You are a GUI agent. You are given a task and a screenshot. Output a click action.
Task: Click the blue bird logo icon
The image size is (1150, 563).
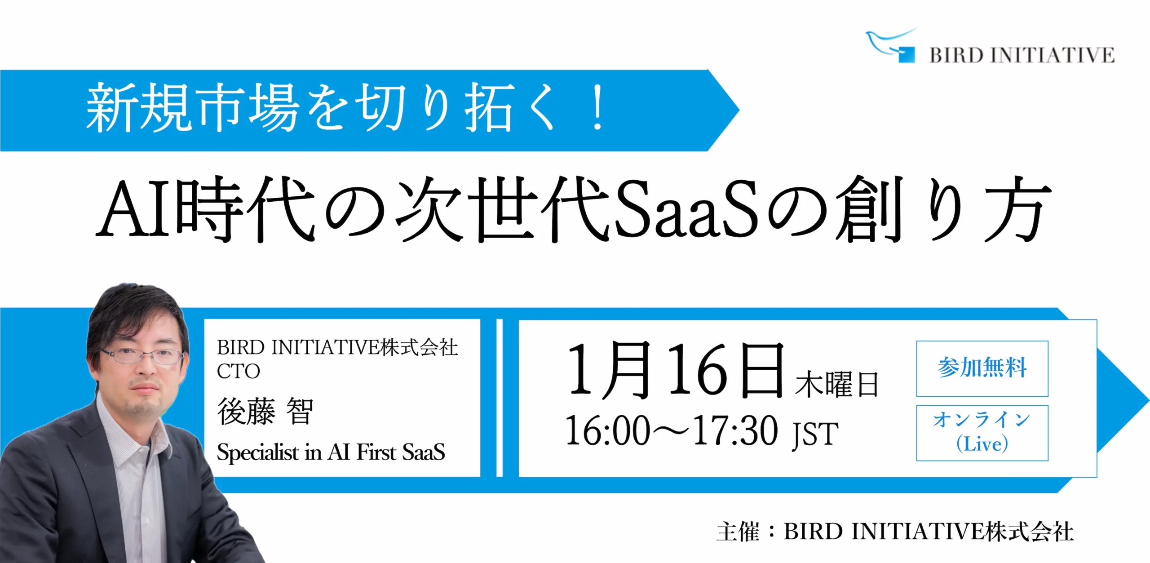click(x=892, y=45)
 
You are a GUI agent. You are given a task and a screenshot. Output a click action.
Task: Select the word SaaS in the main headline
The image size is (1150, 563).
click(x=686, y=208)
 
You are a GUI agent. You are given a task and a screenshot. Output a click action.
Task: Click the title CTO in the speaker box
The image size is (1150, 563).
click(x=238, y=372)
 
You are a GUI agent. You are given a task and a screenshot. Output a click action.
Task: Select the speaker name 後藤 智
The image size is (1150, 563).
click(x=265, y=411)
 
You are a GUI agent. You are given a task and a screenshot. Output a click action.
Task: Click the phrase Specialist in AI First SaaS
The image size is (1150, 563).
click(x=331, y=452)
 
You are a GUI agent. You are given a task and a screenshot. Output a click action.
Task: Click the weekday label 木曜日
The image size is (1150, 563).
click(x=836, y=384)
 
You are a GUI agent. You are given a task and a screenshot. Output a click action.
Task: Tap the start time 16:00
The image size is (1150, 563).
click(x=608, y=430)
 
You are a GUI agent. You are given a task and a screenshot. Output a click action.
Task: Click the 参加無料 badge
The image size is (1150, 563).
click(x=982, y=368)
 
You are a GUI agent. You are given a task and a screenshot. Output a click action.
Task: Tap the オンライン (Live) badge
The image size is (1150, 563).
click(x=982, y=433)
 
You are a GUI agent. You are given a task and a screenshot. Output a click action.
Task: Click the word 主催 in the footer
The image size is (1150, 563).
click(x=738, y=532)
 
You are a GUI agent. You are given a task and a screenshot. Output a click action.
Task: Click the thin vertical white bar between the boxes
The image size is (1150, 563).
click(x=500, y=398)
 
